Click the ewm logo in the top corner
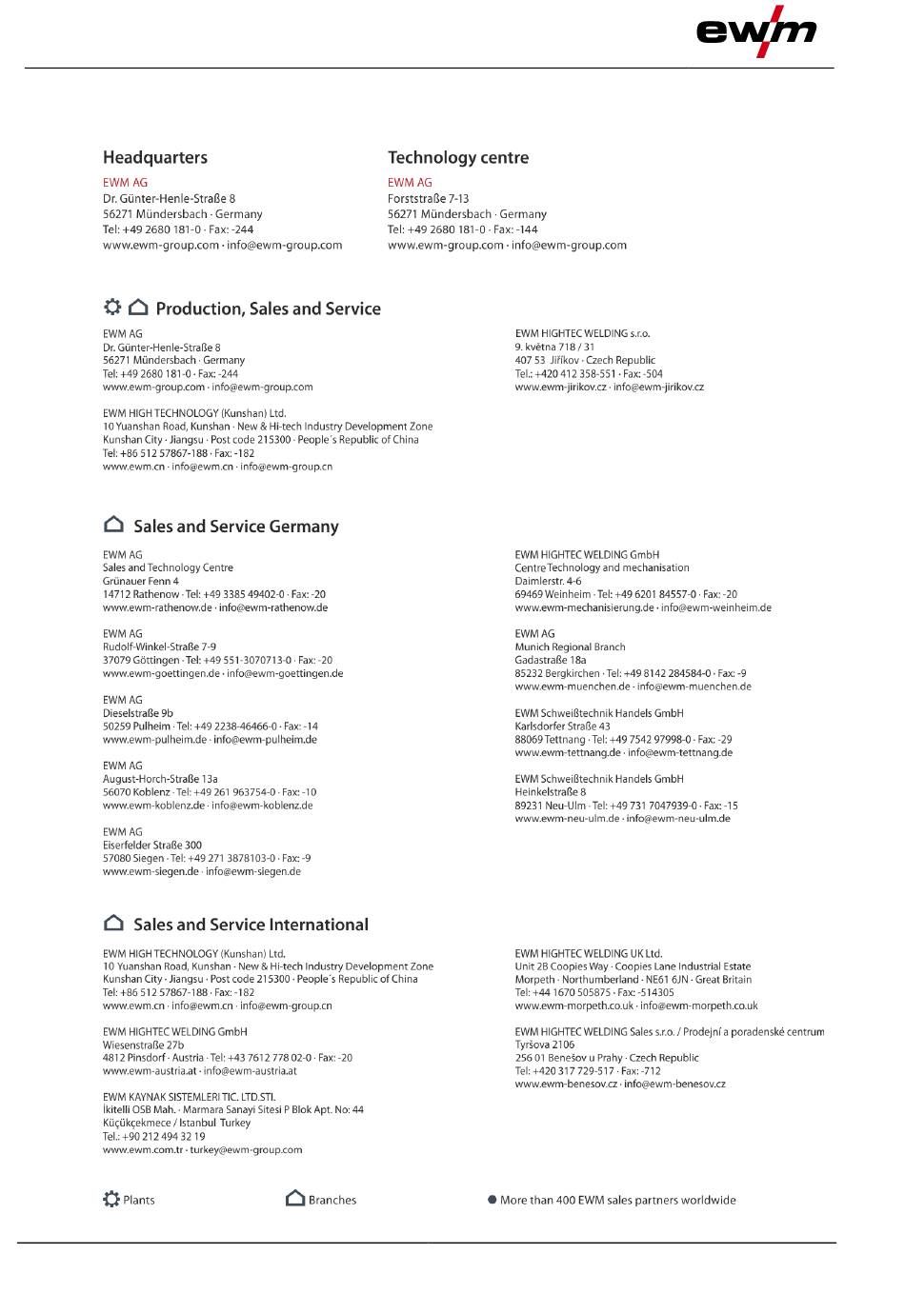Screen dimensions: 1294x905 pyautogui.click(x=756, y=31)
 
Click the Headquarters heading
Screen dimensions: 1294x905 pyautogui.click(x=155, y=158)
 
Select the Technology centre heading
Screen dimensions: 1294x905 pyautogui.click(x=458, y=158)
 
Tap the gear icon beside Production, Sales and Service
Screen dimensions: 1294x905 pyautogui.click(x=112, y=308)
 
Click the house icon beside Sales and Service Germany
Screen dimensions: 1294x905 pyautogui.click(x=113, y=525)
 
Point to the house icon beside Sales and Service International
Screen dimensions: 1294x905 pyautogui.click(x=113, y=923)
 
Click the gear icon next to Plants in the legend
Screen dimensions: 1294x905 pyautogui.click(x=111, y=1199)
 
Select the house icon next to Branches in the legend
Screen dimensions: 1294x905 pyautogui.click(x=295, y=1199)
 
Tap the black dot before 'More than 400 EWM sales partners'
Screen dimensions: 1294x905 pyautogui.click(x=492, y=1200)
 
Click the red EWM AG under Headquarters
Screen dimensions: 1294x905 pyautogui.click(x=125, y=183)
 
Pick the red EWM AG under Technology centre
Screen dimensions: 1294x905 pyautogui.click(x=410, y=183)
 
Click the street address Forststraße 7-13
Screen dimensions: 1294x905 pyautogui.click(x=428, y=199)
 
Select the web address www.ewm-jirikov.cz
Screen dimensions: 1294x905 pyautogui.click(x=560, y=388)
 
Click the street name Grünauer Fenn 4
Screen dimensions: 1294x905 pyautogui.click(x=141, y=581)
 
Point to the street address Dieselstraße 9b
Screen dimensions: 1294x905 pyautogui.click(x=138, y=713)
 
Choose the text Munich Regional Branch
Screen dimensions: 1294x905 pyautogui.click(x=570, y=647)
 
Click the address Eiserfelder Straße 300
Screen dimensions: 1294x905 pyautogui.click(x=152, y=845)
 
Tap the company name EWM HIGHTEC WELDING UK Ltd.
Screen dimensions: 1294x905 pyautogui.click(x=588, y=953)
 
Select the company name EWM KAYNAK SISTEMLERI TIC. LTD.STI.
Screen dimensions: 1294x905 pyautogui.click(x=189, y=1097)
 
